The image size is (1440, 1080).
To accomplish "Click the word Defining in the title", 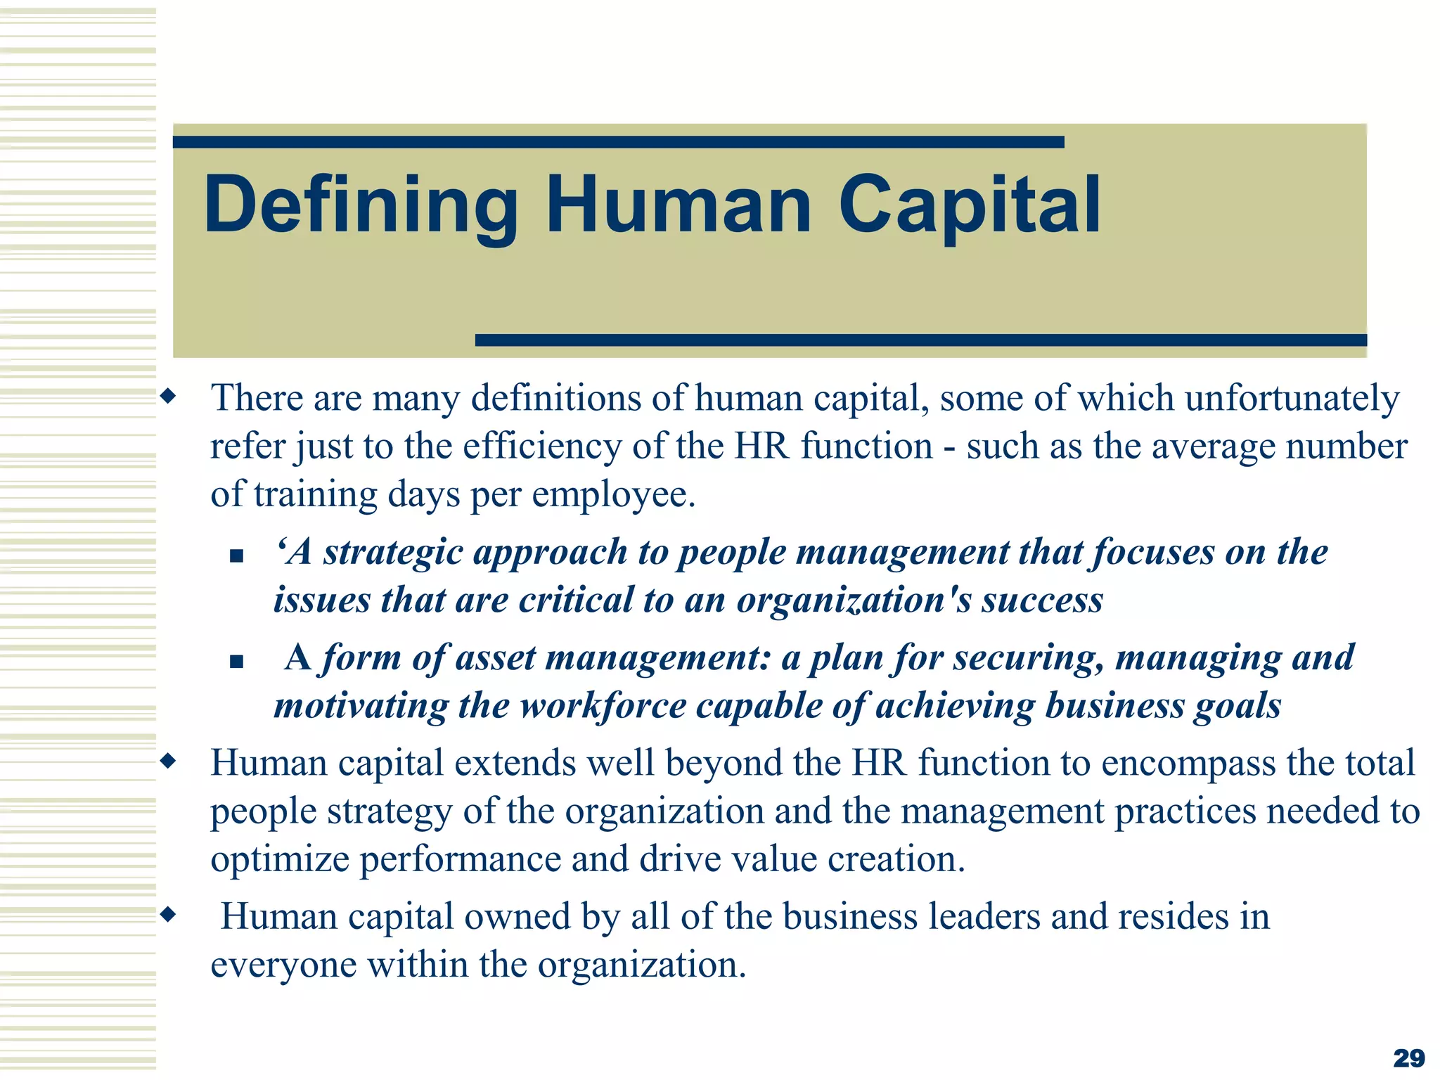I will [360, 206].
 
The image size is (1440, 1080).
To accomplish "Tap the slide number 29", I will [1408, 1057].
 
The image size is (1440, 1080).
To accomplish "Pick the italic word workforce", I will [603, 706].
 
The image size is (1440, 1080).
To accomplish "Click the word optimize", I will [279, 859].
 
